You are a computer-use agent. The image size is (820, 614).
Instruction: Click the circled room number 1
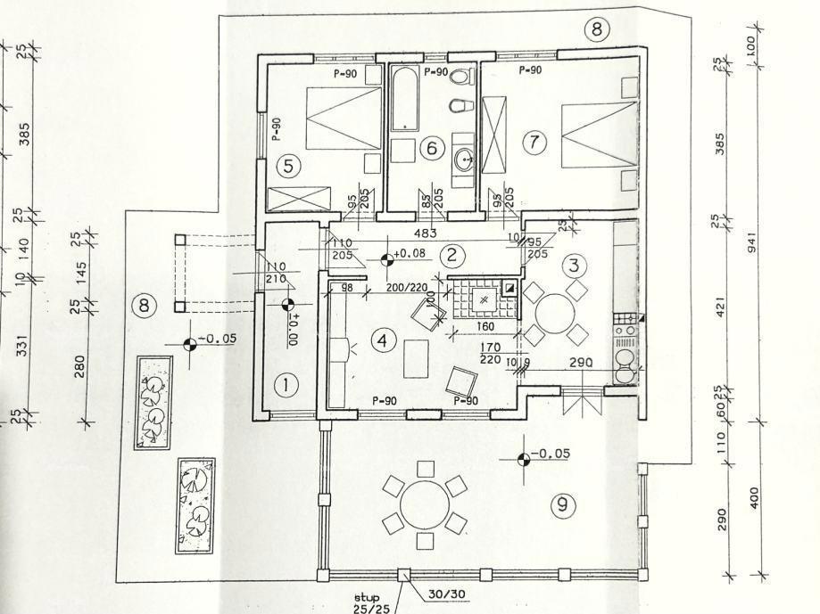[x=286, y=385]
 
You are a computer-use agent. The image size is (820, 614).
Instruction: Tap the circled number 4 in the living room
[x=383, y=340]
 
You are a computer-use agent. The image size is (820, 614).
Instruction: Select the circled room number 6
[x=432, y=148]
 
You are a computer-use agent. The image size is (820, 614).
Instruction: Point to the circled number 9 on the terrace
[x=562, y=505]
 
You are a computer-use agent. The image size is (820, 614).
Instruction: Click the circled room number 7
[x=534, y=142]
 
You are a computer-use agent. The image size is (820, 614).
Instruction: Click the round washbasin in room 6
[x=465, y=160]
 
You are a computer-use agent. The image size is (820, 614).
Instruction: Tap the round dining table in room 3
[x=555, y=313]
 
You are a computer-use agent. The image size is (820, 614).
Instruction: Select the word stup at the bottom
[x=366, y=597]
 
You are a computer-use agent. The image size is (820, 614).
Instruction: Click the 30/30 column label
[x=444, y=594]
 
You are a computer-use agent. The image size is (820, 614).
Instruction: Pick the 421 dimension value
[x=721, y=307]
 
